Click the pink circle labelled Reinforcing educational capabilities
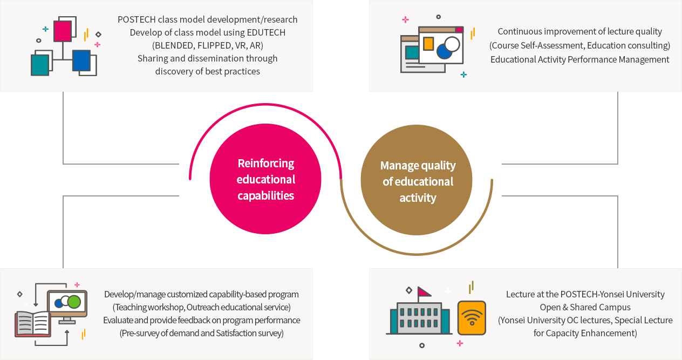265,179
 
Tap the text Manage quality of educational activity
418,181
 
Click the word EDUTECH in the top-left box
264,32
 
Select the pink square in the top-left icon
63,31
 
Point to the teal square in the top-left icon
40,65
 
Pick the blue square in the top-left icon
81,60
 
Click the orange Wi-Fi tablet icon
472,318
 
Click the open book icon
33,323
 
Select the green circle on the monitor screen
74,302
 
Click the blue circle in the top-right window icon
444,51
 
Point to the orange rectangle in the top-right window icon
428,43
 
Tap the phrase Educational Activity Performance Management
579,59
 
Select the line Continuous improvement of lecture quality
579,31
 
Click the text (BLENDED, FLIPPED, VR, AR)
208,45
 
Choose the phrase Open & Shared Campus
585,307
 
